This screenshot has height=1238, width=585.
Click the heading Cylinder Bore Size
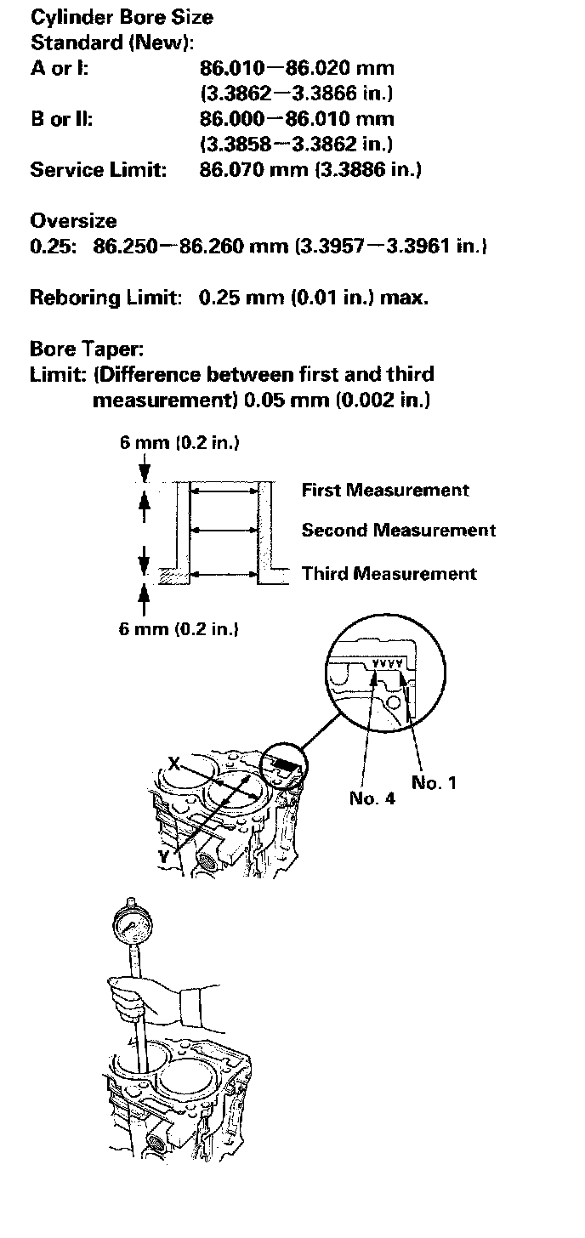(122, 17)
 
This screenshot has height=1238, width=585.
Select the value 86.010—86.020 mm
(297, 67)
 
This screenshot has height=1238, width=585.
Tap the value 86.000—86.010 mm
(297, 118)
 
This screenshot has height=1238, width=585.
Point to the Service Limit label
(97, 169)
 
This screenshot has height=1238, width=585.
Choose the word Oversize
(73, 221)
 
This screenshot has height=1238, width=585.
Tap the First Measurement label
(385, 490)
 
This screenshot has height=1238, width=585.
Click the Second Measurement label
(399, 530)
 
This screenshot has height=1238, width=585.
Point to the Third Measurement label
(389, 573)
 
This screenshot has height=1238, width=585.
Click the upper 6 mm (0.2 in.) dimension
(179, 443)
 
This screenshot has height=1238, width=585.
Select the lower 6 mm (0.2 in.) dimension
(179, 629)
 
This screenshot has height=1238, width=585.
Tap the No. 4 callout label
(372, 798)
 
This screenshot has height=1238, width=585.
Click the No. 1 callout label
(434, 782)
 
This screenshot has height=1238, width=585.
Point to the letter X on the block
(174, 764)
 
